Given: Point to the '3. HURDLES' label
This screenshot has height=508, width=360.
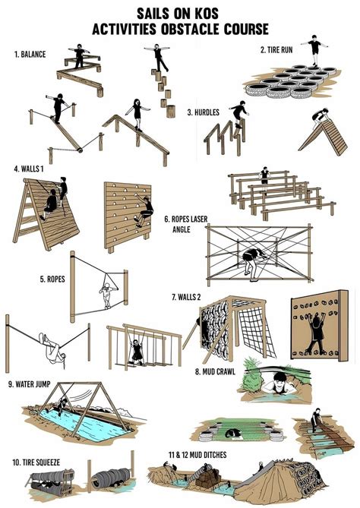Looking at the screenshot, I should pos(203,112).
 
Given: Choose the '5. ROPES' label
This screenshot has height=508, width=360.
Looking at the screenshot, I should pos(53,279).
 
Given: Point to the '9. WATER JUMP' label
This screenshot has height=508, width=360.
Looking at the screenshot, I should pos(33,382).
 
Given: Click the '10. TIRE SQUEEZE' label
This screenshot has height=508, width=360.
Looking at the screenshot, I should pos(37,461).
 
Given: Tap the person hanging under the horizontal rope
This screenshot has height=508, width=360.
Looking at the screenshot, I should pos(52,347).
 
